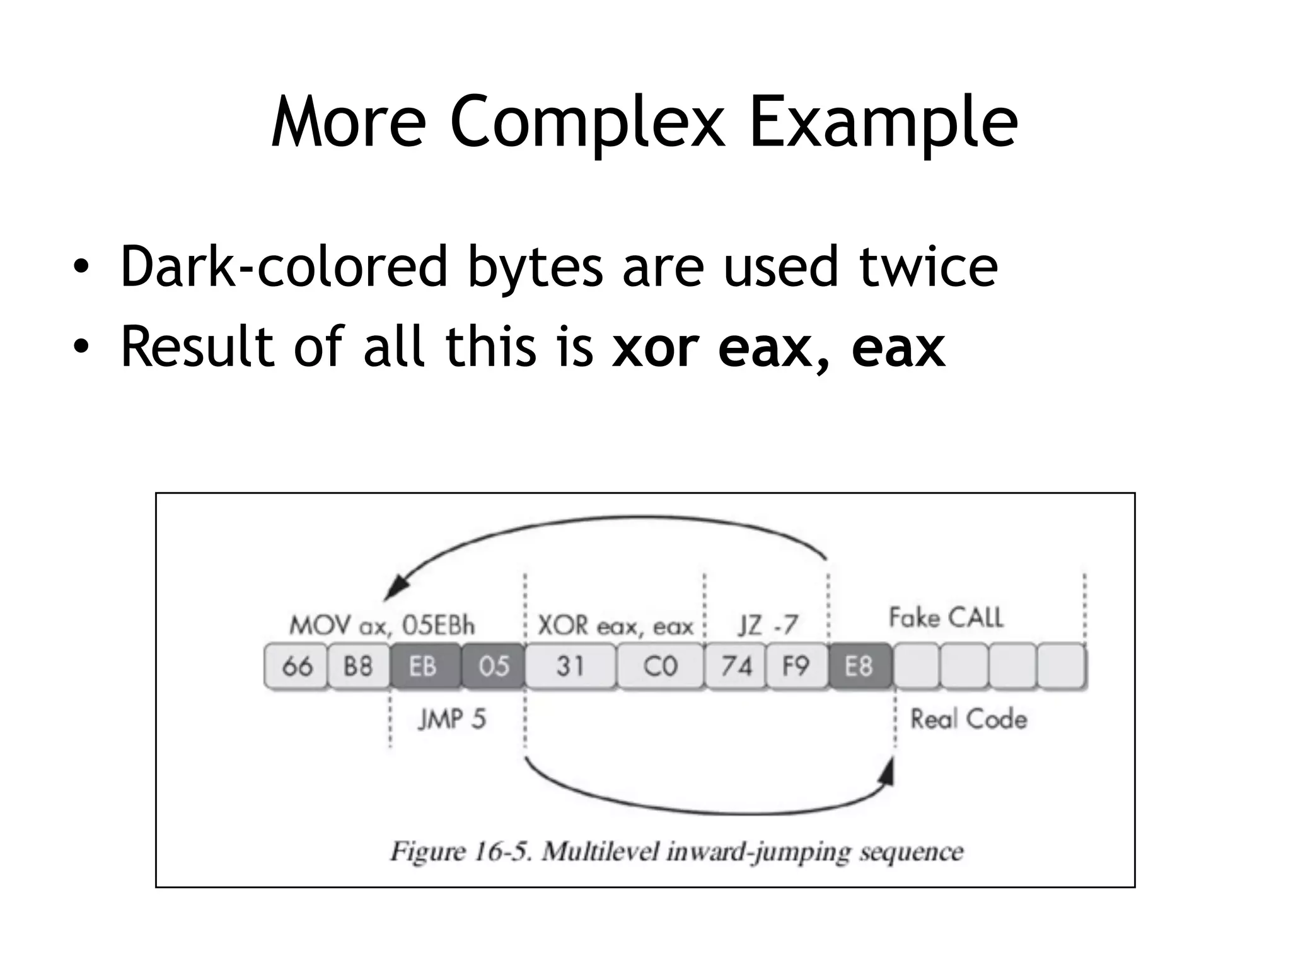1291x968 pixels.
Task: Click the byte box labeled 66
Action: pyautogui.click(x=296, y=665)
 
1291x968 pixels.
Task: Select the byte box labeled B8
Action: pyautogui.click(x=359, y=665)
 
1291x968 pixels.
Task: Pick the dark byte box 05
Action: pyautogui.click(x=493, y=665)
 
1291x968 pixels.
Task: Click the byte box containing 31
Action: pyautogui.click(x=570, y=665)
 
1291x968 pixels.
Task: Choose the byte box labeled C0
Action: pyautogui.click(x=660, y=665)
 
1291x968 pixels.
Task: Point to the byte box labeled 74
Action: pyautogui.click(x=735, y=665)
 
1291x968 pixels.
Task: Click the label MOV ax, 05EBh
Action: pyautogui.click(x=382, y=625)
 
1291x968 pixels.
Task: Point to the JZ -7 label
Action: pyautogui.click(x=768, y=625)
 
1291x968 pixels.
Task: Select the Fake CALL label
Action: pyautogui.click(x=946, y=618)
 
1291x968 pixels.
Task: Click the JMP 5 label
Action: pyautogui.click(x=452, y=719)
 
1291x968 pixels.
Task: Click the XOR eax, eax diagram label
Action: pyautogui.click(x=615, y=626)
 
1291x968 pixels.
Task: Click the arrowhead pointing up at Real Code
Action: pyautogui.click(x=889, y=770)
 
